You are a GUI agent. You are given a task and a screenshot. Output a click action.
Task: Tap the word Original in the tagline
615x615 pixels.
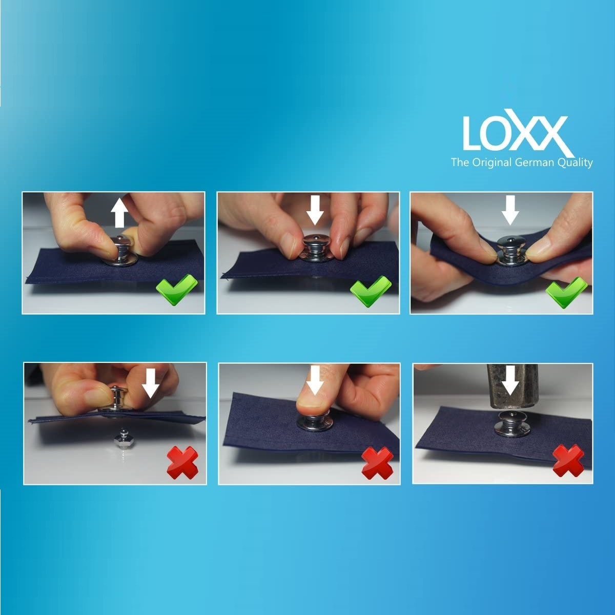pyautogui.click(x=492, y=163)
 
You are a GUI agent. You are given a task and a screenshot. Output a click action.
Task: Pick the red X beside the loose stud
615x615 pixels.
pyautogui.click(x=182, y=462)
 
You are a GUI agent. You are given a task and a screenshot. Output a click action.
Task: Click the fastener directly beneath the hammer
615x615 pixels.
pyautogui.click(x=511, y=423)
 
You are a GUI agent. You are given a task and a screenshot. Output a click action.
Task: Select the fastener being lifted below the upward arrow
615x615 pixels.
pyautogui.click(x=120, y=252)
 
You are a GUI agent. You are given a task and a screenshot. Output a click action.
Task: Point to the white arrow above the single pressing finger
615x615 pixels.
pyautogui.click(x=315, y=380)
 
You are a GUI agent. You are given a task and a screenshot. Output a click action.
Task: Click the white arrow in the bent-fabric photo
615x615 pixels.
pyautogui.click(x=510, y=210)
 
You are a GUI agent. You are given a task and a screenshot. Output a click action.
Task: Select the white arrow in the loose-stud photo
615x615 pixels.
pyautogui.click(x=150, y=383)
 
